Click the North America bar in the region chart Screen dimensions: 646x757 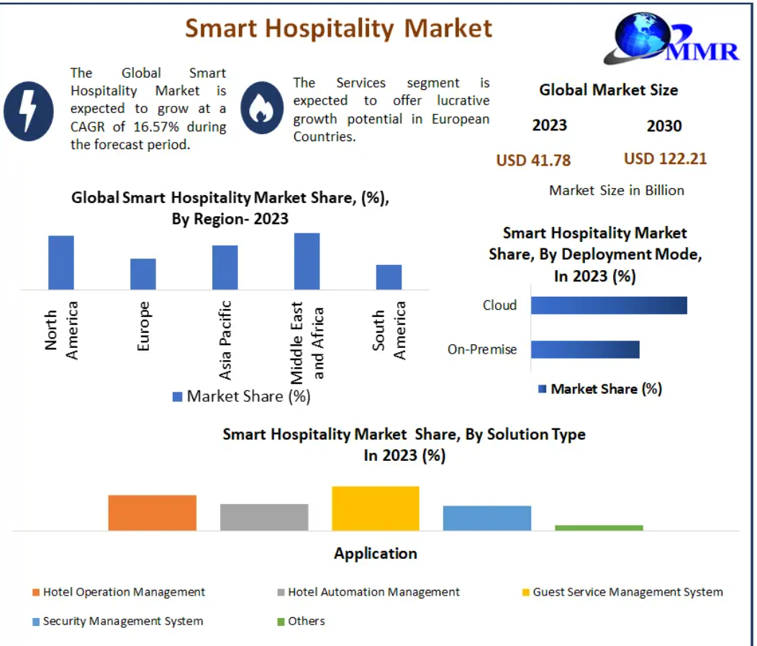tap(61, 262)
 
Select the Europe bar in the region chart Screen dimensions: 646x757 tap(143, 274)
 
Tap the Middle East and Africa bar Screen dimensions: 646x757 tap(307, 261)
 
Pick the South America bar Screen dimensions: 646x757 tap(389, 277)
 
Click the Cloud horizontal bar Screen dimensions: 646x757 tap(609, 305)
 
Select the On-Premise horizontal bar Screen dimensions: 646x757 tap(585, 349)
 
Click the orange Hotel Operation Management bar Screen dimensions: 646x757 tap(153, 513)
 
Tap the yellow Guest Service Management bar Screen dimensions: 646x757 tap(375, 508)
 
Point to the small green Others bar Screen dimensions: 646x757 tap(599, 528)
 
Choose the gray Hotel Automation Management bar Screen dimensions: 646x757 tap(264, 517)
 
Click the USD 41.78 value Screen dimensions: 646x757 tap(533, 160)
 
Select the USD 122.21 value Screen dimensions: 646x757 tap(665, 158)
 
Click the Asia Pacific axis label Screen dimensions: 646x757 tap(225, 339)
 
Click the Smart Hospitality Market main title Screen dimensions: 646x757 tap(339, 28)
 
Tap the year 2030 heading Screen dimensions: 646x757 tap(663, 126)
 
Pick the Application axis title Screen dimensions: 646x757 tap(375, 553)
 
